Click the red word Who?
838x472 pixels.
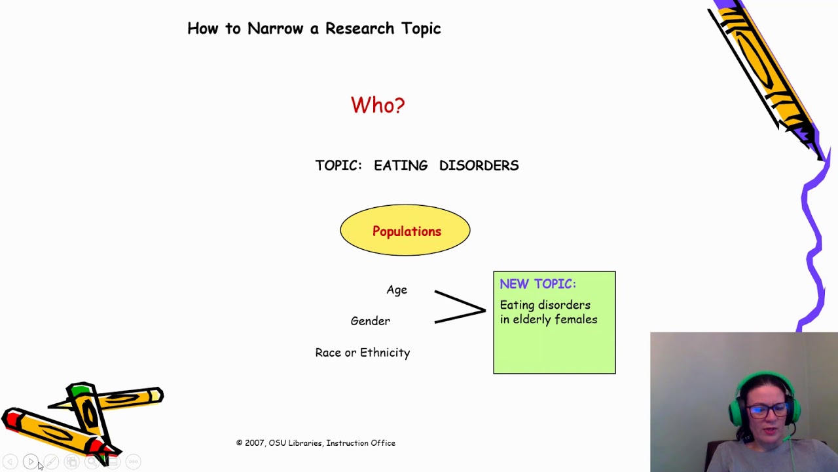point(378,106)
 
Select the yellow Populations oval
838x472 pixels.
point(405,231)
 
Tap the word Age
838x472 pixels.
point(397,290)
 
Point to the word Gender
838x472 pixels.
point(370,321)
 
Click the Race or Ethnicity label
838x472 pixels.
point(362,353)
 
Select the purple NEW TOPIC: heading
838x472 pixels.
point(537,284)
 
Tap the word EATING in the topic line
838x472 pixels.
point(400,166)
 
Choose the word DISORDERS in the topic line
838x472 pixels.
point(479,166)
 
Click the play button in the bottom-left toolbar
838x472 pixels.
point(30,462)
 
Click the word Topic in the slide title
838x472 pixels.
point(419,29)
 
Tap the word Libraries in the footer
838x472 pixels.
point(306,443)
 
